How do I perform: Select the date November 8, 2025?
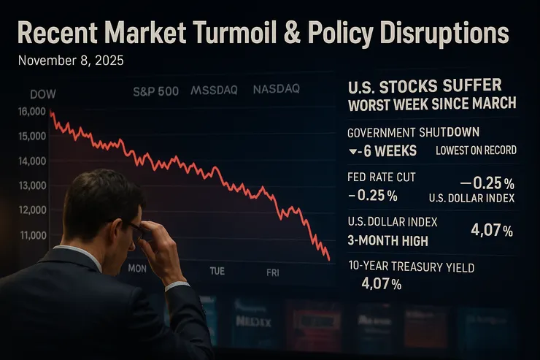pos(70,61)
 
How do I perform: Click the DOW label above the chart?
pos(43,94)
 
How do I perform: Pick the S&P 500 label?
pos(155,91)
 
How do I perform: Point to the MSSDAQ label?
pos(215,91)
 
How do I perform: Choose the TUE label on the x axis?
pos(217,271)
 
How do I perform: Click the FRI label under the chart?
pos(272,272)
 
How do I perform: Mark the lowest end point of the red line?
pos(329,259)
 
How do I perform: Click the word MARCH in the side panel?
pos(492,104)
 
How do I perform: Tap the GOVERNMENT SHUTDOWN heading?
pos(413,132)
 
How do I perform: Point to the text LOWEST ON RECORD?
pos(476,150)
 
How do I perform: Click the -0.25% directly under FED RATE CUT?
pos(373,195)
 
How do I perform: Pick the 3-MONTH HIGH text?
pos(387,240)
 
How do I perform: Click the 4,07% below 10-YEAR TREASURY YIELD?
pos(381,284)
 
